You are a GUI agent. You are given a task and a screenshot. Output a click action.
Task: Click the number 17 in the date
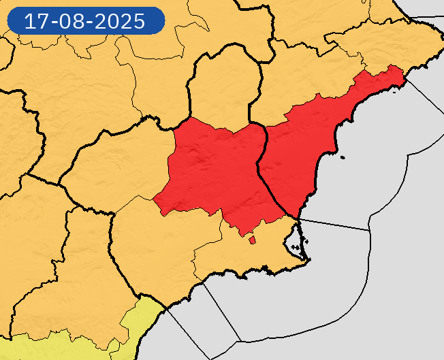pyautogui.click(x=37, y=21)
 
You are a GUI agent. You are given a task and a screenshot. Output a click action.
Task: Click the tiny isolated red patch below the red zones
pyautogui.click(x=252, y=239)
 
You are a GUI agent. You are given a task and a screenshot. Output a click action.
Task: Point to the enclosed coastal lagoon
pyautogui.click(x=293, y=240)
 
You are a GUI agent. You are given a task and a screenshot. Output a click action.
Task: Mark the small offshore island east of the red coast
pyautogui.click(x=342, y=159)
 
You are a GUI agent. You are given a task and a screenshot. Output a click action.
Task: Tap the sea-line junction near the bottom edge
pyautogui.click(x=241, y=341)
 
